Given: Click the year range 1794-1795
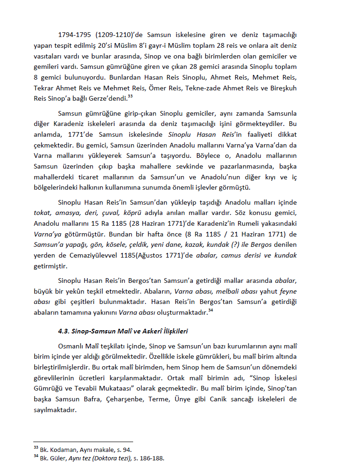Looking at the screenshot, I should pos(75,35).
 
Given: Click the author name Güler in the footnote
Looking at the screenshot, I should pos(58,458).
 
